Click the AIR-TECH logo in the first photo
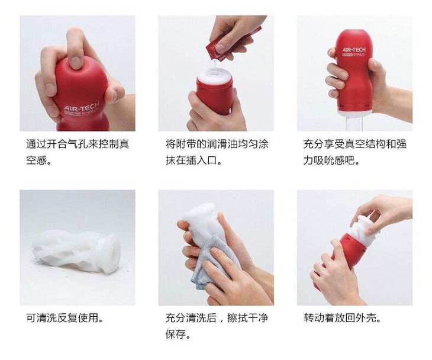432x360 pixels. click(x=80, y=108)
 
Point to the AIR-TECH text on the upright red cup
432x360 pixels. click(x=354, y=50)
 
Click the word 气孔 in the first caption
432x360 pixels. click(x=78, y=144)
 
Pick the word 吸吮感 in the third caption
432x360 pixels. click(x=329, y=160)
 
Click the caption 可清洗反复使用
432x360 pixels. click(x=62, y=318)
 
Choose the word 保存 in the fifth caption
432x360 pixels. click(x=176, y=334)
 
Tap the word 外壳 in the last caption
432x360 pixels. click(x=366, y=318)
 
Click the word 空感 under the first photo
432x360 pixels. click(x=36, y=160)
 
